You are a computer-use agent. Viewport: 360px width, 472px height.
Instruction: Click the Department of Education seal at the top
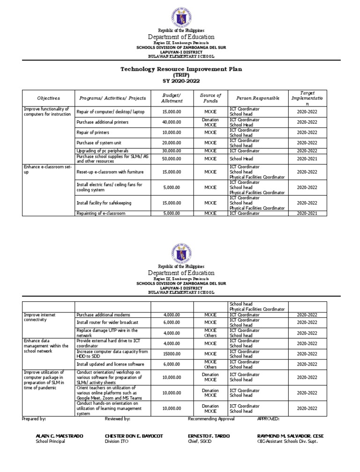pyautogui.click(x=180, y=15)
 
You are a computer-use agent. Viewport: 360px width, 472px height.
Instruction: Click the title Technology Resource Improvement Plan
pyautogui.click(x=180, y=69)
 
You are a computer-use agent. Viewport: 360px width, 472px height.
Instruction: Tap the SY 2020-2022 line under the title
pyautogui.click(x=180, y=81)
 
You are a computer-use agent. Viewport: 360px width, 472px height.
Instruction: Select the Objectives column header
pyautogui.click(x=49, y=98)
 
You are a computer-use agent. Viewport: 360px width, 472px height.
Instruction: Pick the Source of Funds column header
pyautogui.click(x=210, y=98)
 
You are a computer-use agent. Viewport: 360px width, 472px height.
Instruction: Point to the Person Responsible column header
pyautogui.click(x=257, y=98)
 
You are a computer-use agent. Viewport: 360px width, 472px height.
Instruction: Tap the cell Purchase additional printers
pyautogui.click(x=102, y=122)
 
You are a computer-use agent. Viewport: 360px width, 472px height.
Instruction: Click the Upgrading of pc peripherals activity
pyautogui.click(x=103, y=151)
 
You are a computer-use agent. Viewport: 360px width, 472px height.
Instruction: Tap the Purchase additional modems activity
pyautogui.click(x=103, y=314)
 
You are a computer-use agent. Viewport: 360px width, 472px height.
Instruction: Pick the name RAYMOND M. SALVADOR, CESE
pyautogui.click(x=290, y=436)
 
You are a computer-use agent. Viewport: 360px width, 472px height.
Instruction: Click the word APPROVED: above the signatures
pyautogui.click(x=268, y=419)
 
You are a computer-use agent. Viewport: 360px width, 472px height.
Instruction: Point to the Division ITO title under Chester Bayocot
pyautogui.click(x=119, y=442)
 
